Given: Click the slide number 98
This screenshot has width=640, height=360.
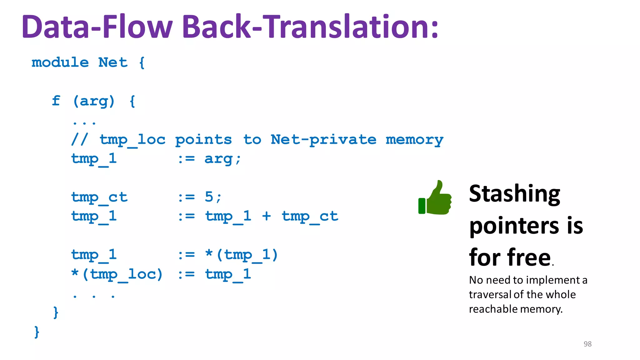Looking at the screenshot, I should [587, 344].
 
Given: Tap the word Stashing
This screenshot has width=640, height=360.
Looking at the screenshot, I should [514, 194].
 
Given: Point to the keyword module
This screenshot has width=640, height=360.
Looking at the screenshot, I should [60, 62].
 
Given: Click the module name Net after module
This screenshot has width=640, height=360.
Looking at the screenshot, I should [113, 62].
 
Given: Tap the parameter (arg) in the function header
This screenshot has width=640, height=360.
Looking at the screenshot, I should [94, 101].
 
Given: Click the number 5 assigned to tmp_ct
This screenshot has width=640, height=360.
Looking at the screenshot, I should [209, 197].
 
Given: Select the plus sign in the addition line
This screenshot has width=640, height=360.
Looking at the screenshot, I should [266, 216].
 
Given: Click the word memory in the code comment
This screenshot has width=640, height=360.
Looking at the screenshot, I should [414, 140].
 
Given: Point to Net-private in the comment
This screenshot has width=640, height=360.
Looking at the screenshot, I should [323, 140].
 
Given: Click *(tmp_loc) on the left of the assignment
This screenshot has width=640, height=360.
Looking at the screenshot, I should [117, 274].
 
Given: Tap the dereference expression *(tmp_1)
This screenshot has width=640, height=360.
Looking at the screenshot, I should [242, 255].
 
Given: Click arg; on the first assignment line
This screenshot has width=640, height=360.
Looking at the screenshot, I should [222, 159].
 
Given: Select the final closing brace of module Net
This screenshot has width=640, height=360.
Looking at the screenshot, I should [37, 332].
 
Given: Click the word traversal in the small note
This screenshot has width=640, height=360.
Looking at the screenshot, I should [490, 294].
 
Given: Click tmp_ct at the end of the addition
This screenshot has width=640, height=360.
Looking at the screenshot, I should [310, 216].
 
